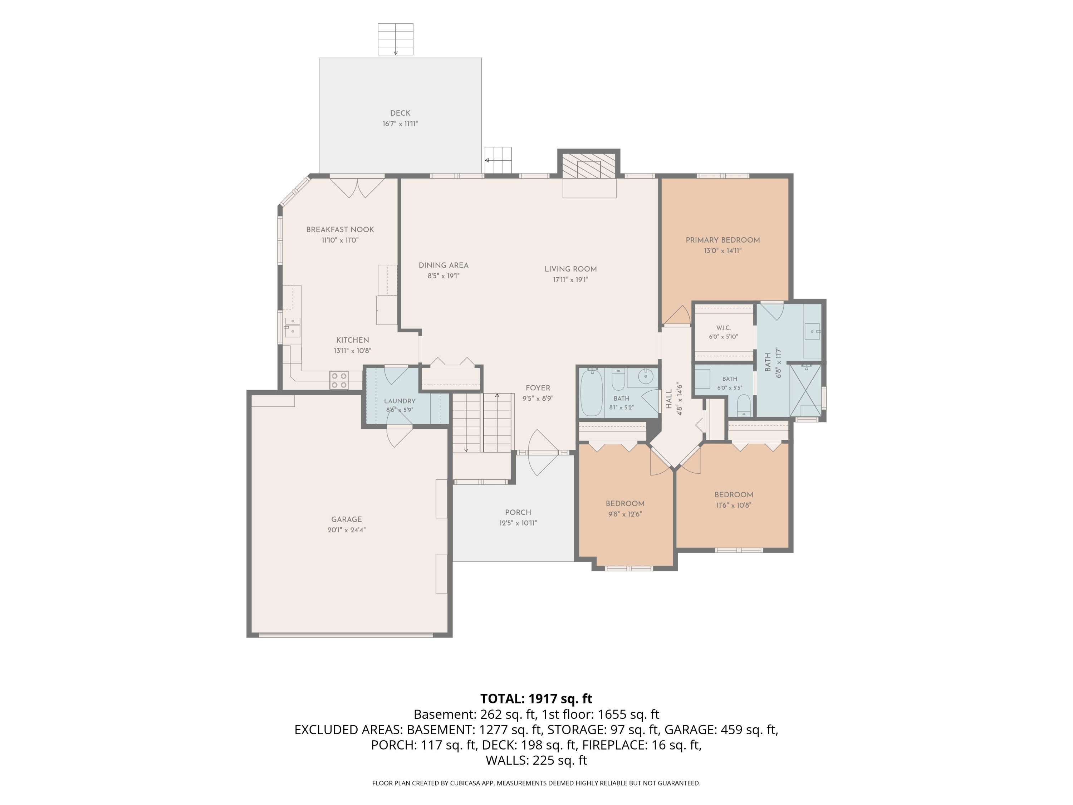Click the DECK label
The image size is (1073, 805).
[400, 113]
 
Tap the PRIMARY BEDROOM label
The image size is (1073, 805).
[723, 240]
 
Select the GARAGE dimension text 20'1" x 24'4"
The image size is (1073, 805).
[346, 530]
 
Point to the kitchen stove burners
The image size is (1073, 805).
[339, 380]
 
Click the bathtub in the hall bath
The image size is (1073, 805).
[591, 392]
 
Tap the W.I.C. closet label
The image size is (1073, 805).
[723, 328]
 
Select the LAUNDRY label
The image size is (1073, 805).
[400, 401]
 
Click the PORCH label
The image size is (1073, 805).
[518, 512]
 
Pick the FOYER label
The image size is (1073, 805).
[538, 388]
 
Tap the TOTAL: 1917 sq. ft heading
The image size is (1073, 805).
[536, 699]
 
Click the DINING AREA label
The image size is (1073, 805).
[444, 265]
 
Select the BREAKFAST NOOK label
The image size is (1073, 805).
[340, 230]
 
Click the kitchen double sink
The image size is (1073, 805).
[293, 327]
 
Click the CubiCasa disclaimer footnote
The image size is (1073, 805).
[536, 783]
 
